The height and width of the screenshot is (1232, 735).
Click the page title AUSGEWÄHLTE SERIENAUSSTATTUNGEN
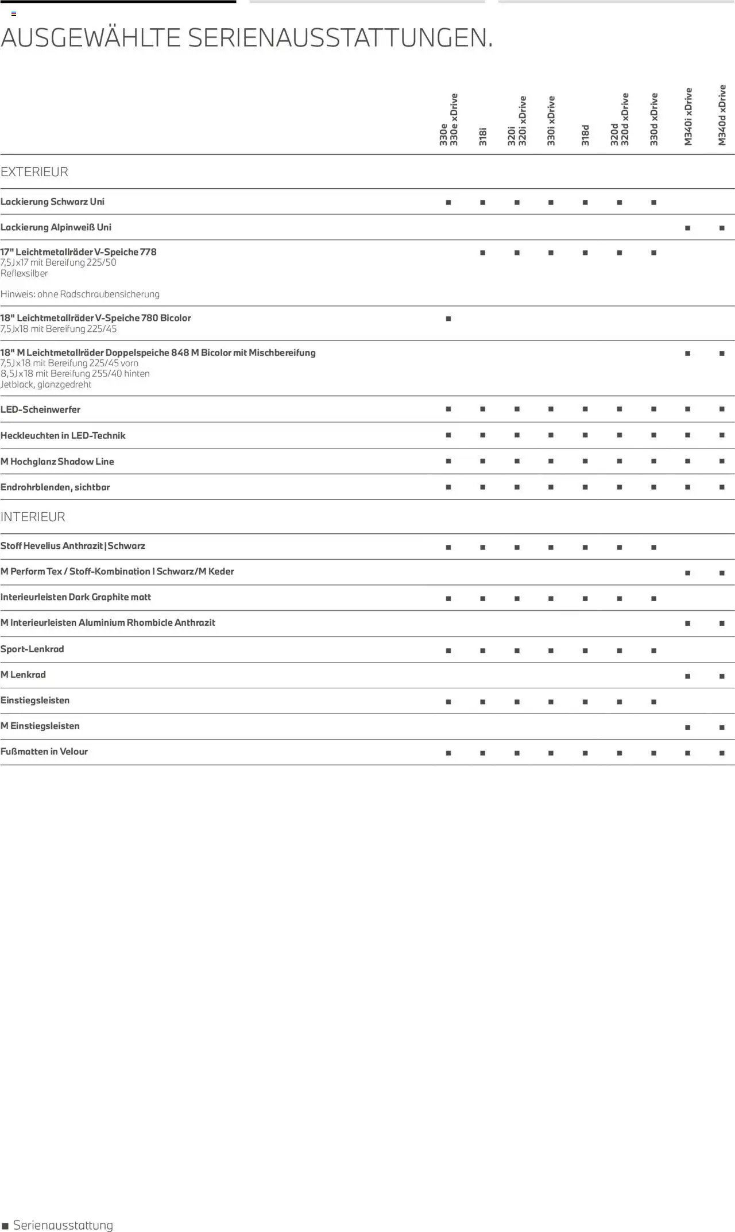(247, 38)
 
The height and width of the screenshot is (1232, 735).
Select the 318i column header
(483, 137)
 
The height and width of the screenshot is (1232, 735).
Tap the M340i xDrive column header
(688, 117)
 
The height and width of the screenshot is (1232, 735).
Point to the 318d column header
(585, 135)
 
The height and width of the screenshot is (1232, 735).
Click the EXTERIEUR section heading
(34, 172)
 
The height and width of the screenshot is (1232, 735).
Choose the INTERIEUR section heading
(33, 517)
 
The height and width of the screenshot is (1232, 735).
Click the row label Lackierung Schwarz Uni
(52, 202)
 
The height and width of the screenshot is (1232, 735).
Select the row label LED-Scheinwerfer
(40, 409)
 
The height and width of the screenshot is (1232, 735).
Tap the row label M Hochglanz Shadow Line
(57, 462)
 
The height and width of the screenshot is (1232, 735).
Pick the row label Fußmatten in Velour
(44, 751)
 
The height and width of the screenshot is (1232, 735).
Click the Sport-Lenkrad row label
(32, 649)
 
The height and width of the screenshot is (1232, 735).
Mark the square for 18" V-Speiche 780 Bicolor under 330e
(448, 319)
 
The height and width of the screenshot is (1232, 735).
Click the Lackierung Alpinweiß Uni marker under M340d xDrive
(722, 228)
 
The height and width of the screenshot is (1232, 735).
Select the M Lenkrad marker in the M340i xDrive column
(687, 676)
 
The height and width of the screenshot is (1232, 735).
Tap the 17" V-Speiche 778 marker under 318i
(483, 253)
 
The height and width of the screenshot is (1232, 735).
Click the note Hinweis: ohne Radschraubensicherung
(80, 294)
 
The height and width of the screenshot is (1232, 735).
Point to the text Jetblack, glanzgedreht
(46, 385)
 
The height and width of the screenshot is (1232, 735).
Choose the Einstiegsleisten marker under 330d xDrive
(653, 702)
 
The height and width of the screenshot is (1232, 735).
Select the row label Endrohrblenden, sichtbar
(55, 487)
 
